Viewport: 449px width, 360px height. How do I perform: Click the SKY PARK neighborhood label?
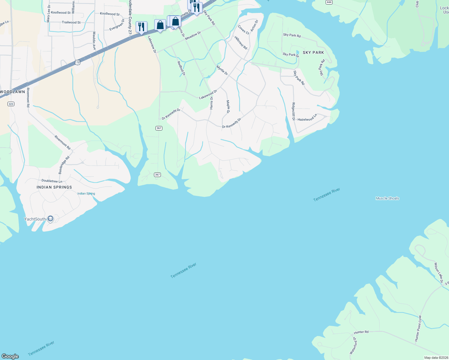313,52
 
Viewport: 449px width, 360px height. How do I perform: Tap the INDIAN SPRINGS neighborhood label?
54,187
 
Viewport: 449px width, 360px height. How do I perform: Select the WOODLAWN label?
12,92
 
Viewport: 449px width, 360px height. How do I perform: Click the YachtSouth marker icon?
50,219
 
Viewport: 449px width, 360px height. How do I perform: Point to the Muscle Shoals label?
387,198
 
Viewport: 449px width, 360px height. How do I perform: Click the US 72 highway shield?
78,62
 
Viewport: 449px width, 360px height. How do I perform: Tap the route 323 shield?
11,104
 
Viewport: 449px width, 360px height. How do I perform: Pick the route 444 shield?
329,2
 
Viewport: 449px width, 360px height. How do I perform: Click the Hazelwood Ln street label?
307,118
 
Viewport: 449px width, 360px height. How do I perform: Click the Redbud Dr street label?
181,68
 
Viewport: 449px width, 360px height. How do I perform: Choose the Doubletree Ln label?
52,181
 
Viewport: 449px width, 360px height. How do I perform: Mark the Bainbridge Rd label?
64,165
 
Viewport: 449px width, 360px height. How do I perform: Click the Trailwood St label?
71,22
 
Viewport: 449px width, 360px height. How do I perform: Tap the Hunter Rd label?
361,332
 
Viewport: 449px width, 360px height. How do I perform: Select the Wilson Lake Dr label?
439,273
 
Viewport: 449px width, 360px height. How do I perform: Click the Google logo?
10,356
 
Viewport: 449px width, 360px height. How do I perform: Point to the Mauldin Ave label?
94,41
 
